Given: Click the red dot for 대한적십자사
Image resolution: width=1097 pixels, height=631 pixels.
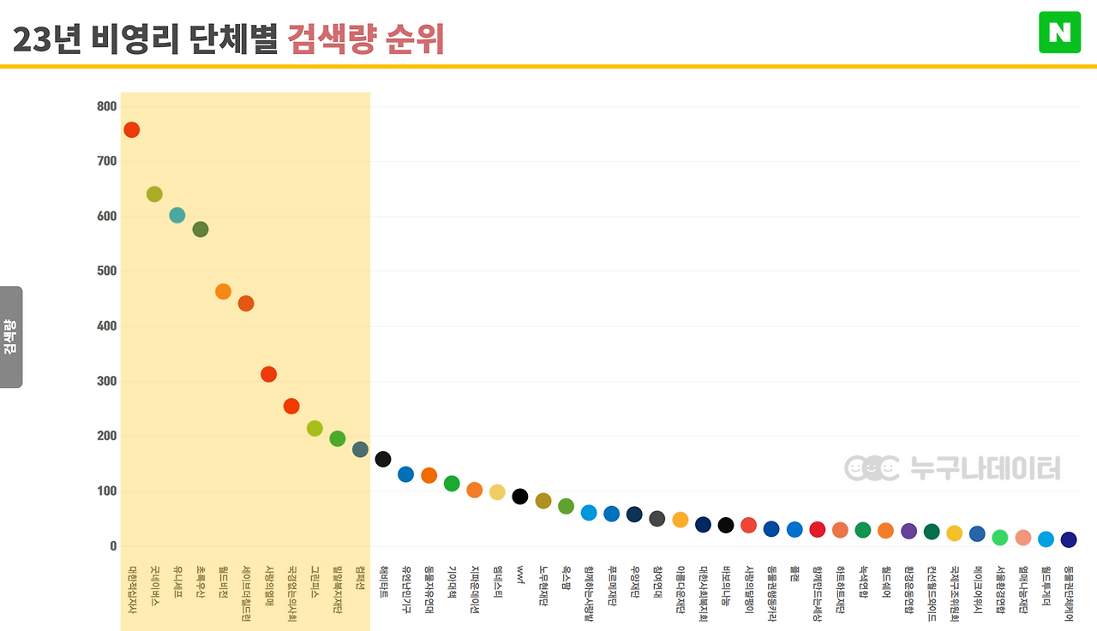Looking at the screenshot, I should click(131, 130).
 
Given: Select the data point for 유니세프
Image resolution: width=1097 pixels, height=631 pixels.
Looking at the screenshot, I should click(177, 215).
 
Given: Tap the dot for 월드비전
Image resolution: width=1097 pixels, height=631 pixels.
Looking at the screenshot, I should click(223, 292).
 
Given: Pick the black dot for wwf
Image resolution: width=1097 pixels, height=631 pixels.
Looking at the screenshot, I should click(520, 497).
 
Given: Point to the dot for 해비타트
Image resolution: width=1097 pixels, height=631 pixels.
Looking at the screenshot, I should click(383, 460).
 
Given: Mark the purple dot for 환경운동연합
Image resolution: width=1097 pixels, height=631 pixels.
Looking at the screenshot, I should click(909, 531).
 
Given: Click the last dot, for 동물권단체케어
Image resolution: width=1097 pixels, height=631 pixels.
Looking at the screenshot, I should click(1069, 539).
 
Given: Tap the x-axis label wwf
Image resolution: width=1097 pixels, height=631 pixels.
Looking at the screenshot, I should click(520, 571).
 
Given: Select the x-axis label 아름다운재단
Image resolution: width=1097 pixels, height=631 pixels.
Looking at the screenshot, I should click(680, 590).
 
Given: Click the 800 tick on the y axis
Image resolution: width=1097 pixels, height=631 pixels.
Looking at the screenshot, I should click(107, 106).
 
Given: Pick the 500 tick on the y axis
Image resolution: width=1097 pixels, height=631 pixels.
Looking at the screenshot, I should click(107, 271).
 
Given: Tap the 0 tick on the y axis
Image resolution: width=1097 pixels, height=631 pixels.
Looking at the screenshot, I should click(113, 546).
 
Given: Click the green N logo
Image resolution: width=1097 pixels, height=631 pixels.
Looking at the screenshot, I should click(1059, 33).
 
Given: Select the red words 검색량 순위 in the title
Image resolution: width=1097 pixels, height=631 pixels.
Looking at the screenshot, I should click(366, 39).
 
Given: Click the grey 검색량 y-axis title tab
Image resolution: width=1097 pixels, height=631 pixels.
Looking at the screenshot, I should click(10, 336).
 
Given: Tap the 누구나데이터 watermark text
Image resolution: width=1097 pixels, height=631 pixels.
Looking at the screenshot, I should click(985, 468).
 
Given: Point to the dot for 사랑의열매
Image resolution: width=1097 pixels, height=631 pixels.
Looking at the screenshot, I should click(268, 374).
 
